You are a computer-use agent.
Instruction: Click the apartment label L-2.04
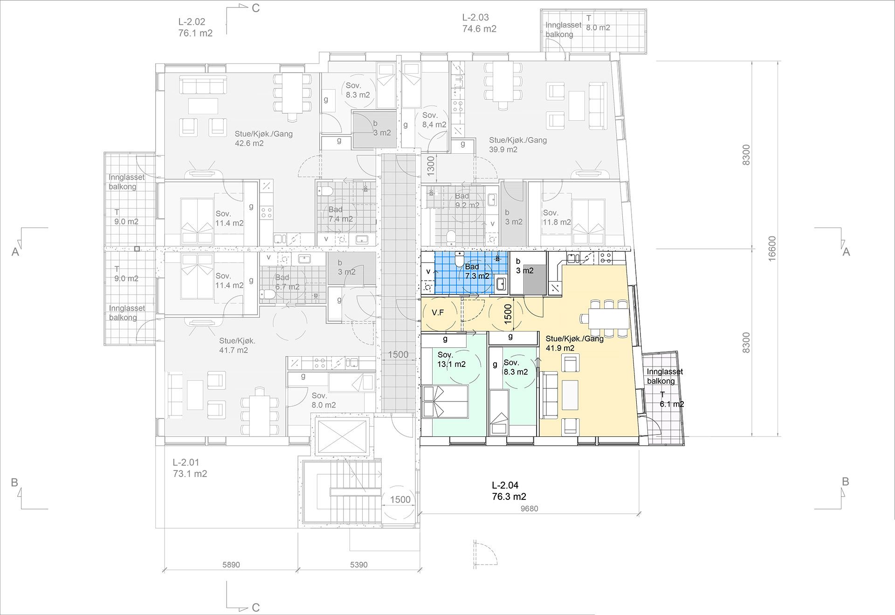tap(505, 485)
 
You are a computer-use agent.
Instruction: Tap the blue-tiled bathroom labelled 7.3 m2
tap(471, 272)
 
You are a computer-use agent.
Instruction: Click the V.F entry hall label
tap(438, 313)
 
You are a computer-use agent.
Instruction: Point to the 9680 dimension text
tap(529, 509)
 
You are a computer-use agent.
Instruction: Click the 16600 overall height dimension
tap(772, 249)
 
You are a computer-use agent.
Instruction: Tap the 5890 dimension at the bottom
tap(231, 565)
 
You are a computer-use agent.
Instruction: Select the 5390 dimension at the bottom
tap(358, 565)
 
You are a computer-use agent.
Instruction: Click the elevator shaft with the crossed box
tap(342, 436)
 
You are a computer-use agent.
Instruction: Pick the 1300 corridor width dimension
tap(431, 166)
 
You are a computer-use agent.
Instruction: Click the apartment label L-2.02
tap(192, 21)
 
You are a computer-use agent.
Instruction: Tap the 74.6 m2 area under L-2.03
tap(479, 29)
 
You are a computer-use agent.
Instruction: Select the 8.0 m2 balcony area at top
tap(598, 28)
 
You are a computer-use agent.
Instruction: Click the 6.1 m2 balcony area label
tap(672, 404)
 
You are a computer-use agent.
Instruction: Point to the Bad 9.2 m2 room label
tap(467, 200)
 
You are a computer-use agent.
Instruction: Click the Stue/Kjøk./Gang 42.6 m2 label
tap(264, 138)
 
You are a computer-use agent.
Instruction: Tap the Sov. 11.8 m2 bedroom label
tap(557, 217)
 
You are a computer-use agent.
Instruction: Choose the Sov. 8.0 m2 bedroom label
tap(324, 401)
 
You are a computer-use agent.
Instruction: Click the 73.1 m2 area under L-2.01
tap(190, 474)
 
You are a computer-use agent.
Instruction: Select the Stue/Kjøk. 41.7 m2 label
tap(237, 346)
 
